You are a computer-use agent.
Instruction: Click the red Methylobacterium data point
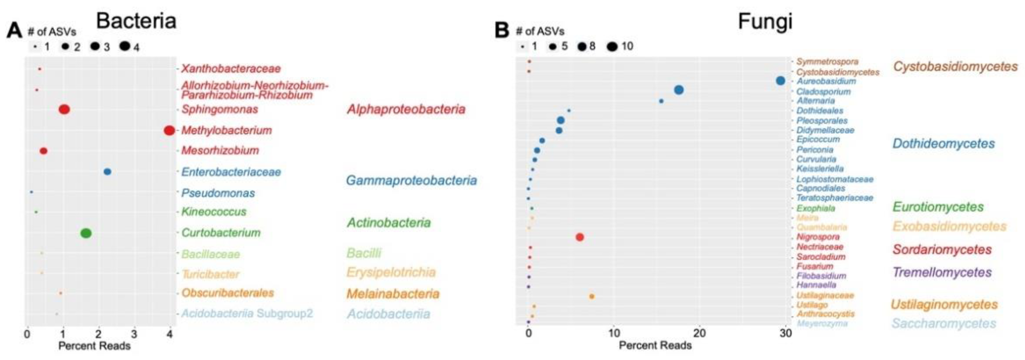169,130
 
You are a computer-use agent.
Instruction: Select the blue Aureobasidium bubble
780,81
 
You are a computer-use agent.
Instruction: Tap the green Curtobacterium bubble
86,233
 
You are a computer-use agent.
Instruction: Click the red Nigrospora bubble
580,237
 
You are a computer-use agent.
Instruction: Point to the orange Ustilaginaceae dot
592,296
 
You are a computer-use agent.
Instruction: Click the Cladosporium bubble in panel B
679,90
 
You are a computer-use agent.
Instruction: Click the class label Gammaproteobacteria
411,181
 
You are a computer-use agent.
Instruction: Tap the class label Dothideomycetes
943,144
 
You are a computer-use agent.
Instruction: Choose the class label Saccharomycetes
943,323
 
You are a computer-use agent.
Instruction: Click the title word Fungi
765,21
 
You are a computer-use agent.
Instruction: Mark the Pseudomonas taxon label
218,193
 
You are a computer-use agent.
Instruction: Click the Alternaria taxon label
815,101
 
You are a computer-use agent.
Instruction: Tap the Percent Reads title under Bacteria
94,346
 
